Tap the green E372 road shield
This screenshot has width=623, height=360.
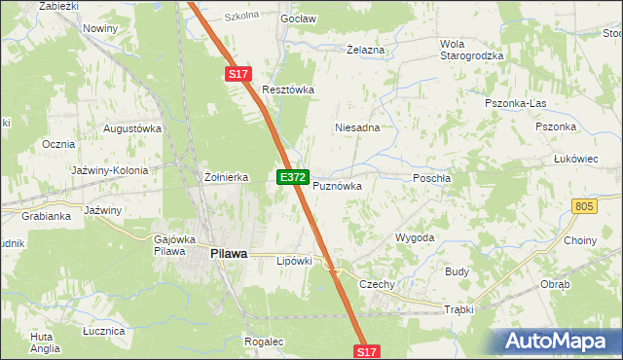pos(293,178)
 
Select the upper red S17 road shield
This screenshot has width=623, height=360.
pos(238,74)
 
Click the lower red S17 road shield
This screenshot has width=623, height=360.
pos(367,350)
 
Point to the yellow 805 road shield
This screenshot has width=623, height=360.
pos(584,206)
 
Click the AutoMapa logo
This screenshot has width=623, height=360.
pos(557,342)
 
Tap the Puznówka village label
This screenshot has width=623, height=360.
pos(337,185)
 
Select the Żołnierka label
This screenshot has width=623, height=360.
pos(227,177)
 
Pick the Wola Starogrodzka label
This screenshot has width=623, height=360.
pos(471,50)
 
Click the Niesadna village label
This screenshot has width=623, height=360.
pos(356,127)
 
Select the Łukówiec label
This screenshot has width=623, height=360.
pos(574,158)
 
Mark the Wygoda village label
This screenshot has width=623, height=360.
pos(414,237)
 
